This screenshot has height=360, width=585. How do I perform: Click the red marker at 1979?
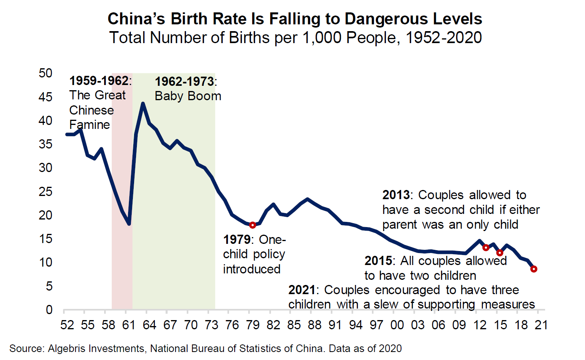(x=253, y=225)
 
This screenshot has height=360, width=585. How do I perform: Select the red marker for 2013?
(x=486, y=247)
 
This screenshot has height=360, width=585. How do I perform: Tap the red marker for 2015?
(x=500, y=253)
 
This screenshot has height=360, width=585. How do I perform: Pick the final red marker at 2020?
(x=534, y=269)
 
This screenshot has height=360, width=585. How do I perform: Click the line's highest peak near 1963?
(x=143, y=104)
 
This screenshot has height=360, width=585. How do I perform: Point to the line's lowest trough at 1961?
(x=129, y=224)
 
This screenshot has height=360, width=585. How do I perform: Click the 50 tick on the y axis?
(x=45, y=73)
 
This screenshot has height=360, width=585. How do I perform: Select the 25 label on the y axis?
(x=45, y=192)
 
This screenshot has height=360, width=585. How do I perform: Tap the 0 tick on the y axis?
(x=49, y=310)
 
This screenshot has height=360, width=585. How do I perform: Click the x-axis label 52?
(x=67, y=325)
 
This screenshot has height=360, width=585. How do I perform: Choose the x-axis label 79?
(x=253, y=325)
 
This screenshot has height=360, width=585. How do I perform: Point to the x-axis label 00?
(x=397, y=325)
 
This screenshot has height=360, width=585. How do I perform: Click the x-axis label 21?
(x=541, y=325)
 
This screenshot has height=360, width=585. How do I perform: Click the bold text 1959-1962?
(x=99, y=81)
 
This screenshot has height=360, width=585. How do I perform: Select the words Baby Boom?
(x=188, y=96)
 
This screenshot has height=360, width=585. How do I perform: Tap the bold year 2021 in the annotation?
(x=302, y=290)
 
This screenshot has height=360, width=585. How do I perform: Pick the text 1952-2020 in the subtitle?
(x=444, y=38)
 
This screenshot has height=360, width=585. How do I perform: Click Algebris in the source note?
(x=65, y=348)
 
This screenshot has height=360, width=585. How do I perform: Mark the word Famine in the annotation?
(x=89, y=125)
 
